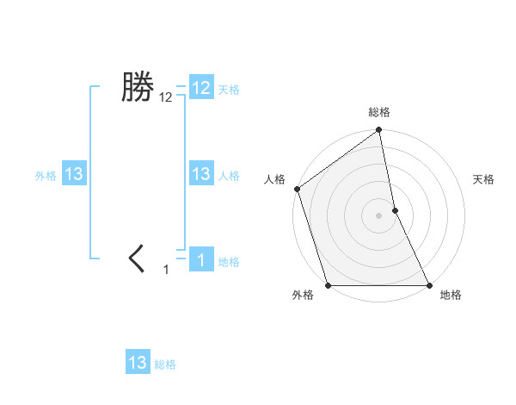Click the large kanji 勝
tap(137, 87)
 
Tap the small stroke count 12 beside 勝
tap(166, 98)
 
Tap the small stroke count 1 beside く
tap(167, 270)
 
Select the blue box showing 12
tap(201, 88)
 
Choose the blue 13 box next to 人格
tap(201, 175)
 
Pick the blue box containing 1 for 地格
tap(201, 259)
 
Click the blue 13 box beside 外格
tap(74, 175)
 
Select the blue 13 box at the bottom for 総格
tap(138, 363)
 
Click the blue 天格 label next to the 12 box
tap(229, 90)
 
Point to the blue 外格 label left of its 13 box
tap(46, 176)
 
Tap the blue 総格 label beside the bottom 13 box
tap(165, 364)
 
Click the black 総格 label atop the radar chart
tap(378, 113)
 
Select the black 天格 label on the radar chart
tap(483, 179)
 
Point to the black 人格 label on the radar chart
tap(274, 179)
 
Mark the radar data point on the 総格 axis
tap(378, 131)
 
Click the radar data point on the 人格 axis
tap(297, 189)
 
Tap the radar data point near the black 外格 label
tap(328, 285)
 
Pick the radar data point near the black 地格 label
tap(429, 285)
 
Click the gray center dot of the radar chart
tap(378, 215)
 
